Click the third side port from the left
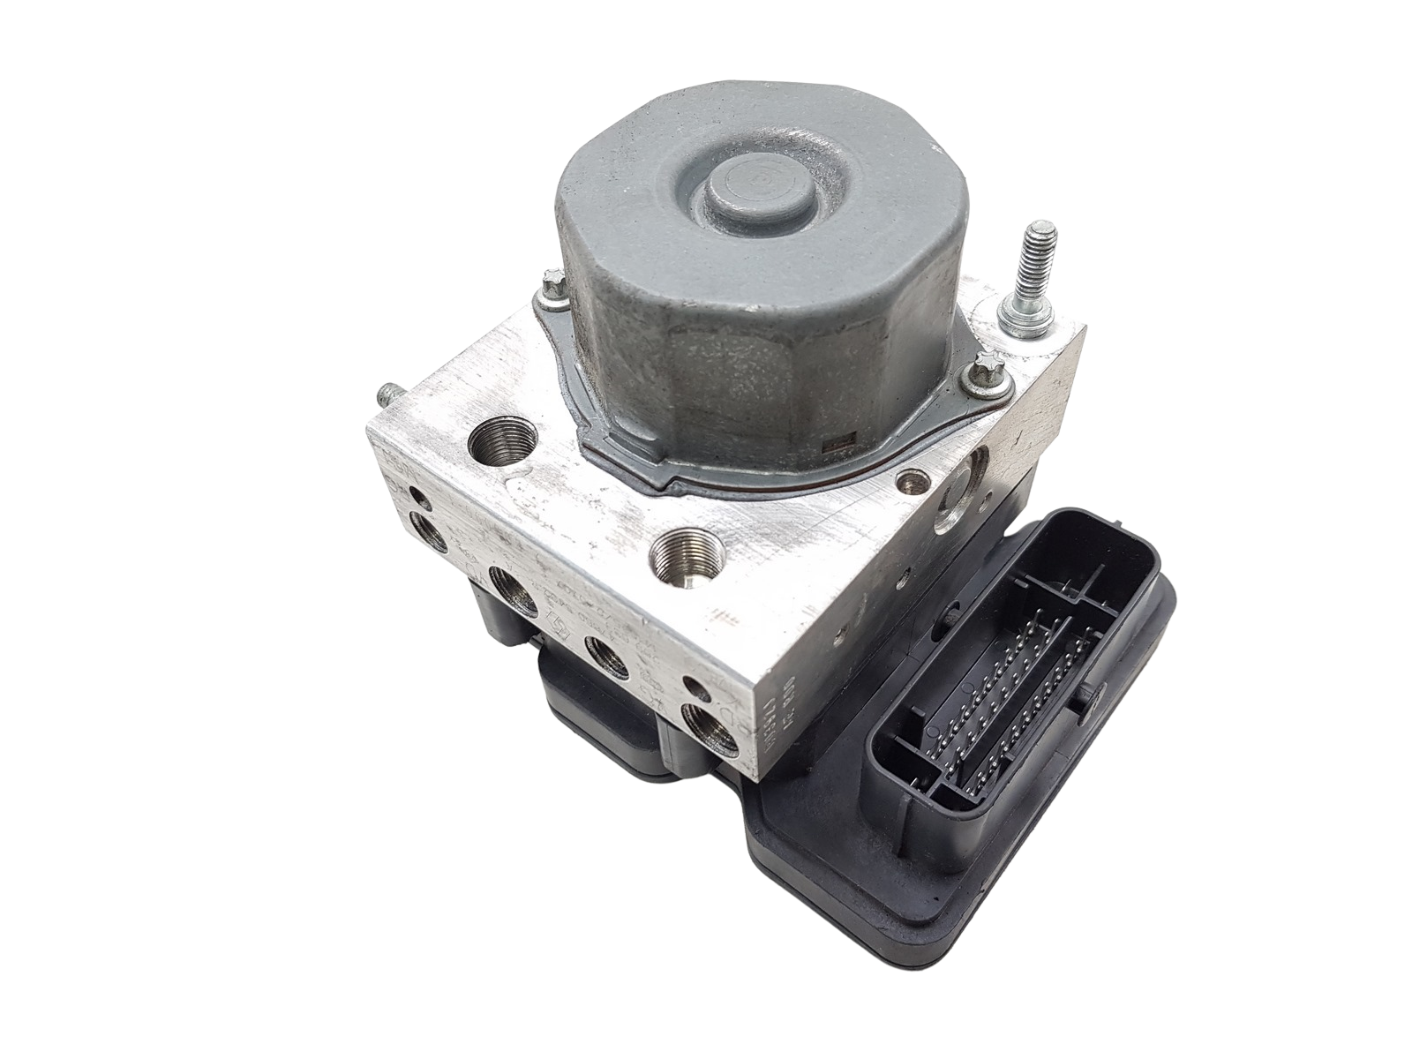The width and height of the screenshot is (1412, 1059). [609, 658]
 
